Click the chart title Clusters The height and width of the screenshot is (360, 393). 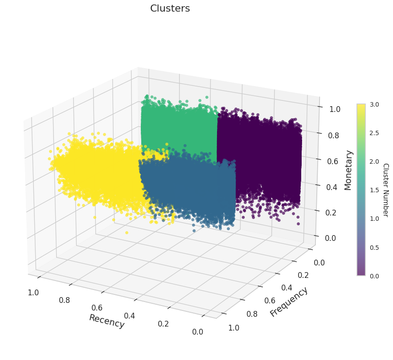coord(170,8)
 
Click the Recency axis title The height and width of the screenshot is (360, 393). coord(107,321)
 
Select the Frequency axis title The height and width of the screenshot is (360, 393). coord(289,302)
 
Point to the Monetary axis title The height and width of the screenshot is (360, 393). coord(348,170)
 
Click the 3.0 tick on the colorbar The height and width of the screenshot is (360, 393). coord(374,104)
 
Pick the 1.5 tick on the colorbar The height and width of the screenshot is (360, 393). coord(374,190)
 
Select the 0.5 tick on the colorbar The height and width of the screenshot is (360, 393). coord(374,247)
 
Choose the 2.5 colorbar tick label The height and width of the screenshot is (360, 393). coord(374,133)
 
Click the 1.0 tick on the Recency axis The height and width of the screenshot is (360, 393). coord(33,293)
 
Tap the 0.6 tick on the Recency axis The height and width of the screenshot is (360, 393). coord(97,308)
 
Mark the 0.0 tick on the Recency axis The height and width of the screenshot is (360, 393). coord(198,331)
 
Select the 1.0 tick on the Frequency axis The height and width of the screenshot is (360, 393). coord(233,328)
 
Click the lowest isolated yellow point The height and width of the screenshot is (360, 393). coord(127,232)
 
